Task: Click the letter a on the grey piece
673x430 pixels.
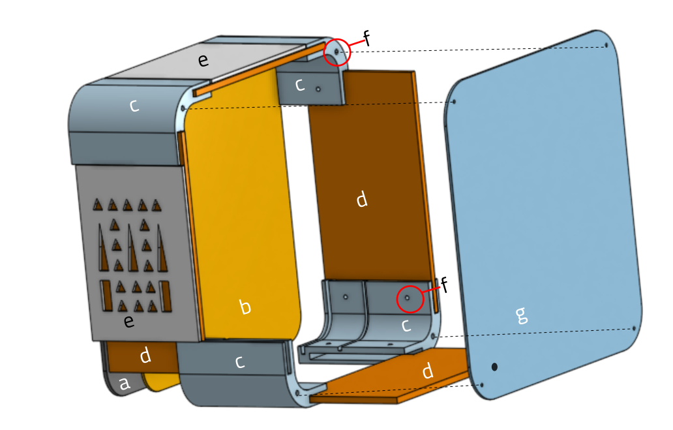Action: pos(124,383)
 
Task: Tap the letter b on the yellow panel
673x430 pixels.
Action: pos(245,307)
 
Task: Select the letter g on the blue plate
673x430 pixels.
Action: pos(521,315)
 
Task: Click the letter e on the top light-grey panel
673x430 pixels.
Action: pos(203,60)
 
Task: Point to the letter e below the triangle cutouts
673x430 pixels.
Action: pos(128,321)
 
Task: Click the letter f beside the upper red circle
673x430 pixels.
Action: pos(366,38)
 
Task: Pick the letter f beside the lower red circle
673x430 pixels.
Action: pos(444,285)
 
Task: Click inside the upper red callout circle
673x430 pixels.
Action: pos(337,52)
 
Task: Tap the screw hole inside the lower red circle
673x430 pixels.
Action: pos(408,298)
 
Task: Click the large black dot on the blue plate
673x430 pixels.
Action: pos(494,367)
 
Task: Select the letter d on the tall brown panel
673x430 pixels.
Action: pos(362,200)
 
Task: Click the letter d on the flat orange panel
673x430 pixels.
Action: pos(428,371)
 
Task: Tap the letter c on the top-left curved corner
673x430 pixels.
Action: pos(134,106)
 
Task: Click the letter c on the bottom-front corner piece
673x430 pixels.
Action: pos(240,362)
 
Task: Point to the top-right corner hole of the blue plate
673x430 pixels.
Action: pos(606,45)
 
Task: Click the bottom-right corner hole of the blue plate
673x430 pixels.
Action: pos(634,329)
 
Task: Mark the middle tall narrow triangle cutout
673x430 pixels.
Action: pos(132,248)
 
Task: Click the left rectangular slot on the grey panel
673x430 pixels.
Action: pos(106,296)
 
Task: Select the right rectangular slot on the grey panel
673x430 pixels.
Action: pos(166,296)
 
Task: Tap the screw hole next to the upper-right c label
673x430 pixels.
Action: pos(318,89)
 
